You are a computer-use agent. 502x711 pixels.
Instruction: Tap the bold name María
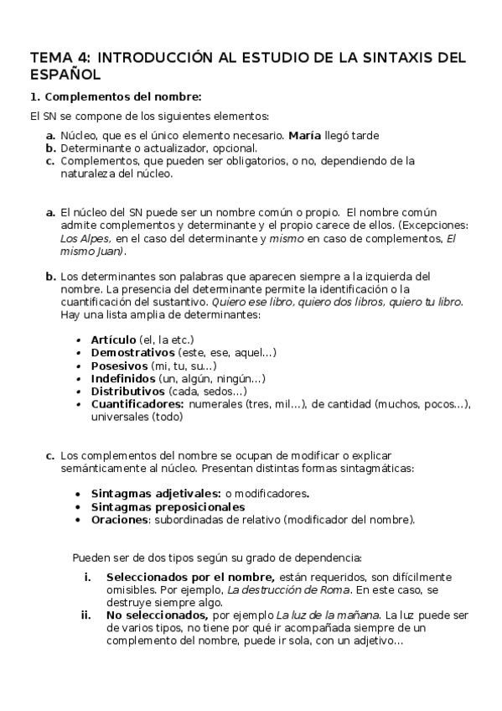tap(306, 135)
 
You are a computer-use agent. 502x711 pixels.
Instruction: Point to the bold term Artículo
tap(113, 340)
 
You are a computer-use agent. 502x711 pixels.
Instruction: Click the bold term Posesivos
tap(118, 366)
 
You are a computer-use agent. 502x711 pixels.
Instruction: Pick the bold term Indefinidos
tap(122, 379)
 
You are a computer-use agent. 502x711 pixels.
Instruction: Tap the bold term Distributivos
tap(127, 392)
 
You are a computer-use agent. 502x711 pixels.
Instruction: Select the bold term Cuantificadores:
tap(137, 404)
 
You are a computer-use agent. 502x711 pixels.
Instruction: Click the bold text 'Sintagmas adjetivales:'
tap(156, 494)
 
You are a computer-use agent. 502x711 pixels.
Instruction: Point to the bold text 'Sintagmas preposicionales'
tap(168, 506)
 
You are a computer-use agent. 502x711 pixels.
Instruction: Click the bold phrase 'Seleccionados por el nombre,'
tap(190, 577)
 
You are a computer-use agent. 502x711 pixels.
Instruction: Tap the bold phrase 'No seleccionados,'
tap(157, 615)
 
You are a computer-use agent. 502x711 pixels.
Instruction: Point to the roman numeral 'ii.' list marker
tap(85, 615)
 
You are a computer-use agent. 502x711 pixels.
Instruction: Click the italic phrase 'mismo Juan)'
tap(93, 251)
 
